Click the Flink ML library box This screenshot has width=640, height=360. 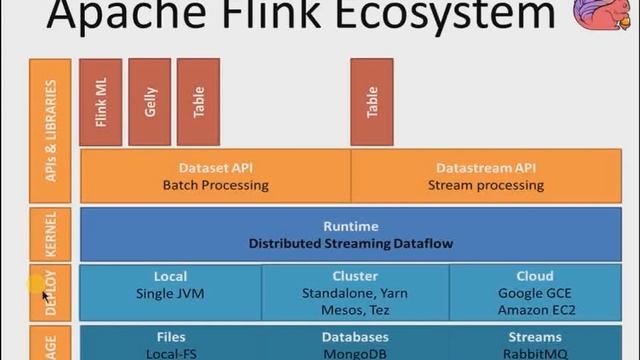[101, 102]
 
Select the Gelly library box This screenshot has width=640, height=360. [150, 102]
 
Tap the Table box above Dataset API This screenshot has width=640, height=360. [198, 102]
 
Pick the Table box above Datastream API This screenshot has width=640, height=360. [372, 102]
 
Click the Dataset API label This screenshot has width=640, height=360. [215, 168]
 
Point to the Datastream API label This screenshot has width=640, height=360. [486, 168]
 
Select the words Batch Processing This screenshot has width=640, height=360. [215, 185]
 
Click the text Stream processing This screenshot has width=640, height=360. [486, 185]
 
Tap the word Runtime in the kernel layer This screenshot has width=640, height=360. [350, 226]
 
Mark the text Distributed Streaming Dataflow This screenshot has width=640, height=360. [350, 243]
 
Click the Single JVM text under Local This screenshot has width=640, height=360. [170, 294]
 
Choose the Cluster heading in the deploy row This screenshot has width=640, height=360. [354, 276]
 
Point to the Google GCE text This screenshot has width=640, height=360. [535, 294]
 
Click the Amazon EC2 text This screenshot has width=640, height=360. [535, 310]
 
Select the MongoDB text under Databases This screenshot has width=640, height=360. [354, 354]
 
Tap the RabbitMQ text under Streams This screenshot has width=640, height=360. [535, 354]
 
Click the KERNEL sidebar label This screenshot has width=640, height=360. [51, 234]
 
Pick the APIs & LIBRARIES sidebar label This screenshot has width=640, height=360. [51, 130]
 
